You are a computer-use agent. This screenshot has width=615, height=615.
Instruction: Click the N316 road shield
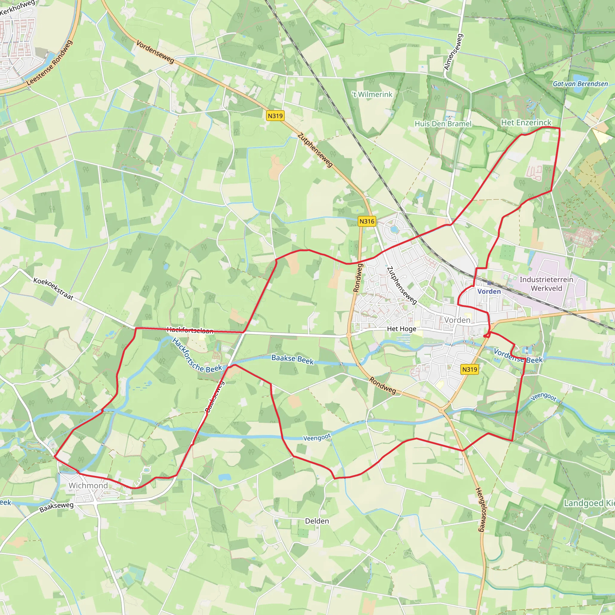[367, 221]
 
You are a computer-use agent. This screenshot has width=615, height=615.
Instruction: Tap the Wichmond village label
[88, 486]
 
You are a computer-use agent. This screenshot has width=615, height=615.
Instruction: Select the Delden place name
[317, 521]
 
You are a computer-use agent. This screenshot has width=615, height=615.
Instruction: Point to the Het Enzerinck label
[526, 123]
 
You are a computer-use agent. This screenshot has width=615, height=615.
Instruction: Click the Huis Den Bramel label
[443, 123]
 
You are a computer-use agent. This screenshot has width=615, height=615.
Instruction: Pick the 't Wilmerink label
[372, 95]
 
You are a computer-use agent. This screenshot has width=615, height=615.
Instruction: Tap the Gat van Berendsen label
[580, 84]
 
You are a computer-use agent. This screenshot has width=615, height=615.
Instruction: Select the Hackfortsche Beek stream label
[197, 355]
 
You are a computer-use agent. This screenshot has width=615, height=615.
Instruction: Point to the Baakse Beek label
[292, 359]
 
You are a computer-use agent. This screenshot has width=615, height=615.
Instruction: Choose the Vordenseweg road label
[155, 52]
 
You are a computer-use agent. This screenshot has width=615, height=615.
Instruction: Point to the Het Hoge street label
[401, 329]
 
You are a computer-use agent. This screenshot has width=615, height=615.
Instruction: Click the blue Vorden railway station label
[489, 291]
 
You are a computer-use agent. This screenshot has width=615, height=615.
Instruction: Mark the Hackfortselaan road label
[190, 330]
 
